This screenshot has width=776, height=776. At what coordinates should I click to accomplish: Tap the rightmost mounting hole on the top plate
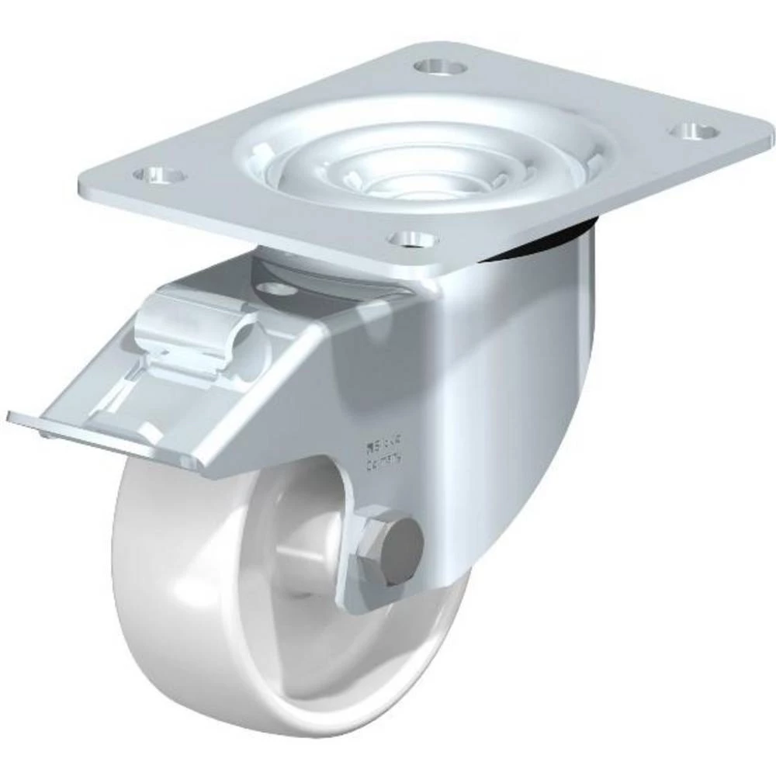point(692,130)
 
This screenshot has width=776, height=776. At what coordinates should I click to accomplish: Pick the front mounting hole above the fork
point(411,238)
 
